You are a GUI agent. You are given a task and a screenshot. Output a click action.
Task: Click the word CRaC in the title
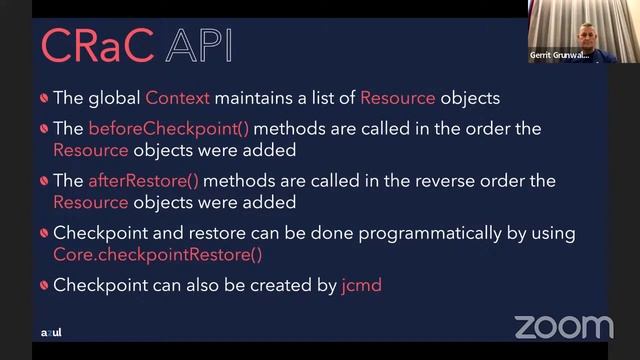pos(97,46)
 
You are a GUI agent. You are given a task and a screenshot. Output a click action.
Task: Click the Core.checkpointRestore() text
pos(157,253)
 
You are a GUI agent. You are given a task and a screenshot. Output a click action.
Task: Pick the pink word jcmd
pos(361,285)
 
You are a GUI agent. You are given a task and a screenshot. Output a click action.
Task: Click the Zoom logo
pos(563,326)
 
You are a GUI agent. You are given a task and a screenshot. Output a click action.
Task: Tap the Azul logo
pos(50,332)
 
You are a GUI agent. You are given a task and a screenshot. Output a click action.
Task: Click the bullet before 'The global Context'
pos(44,99)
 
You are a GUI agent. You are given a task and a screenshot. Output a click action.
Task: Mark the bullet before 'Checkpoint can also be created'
pos(44,286)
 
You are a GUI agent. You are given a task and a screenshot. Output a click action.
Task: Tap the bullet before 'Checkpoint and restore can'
pos(44,234)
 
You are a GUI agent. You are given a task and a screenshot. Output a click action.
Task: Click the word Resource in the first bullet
pos(397,98)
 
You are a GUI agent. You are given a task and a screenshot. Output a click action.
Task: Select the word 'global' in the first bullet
pos(114,98)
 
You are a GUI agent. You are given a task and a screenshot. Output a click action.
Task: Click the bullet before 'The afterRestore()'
pos(44,182)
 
